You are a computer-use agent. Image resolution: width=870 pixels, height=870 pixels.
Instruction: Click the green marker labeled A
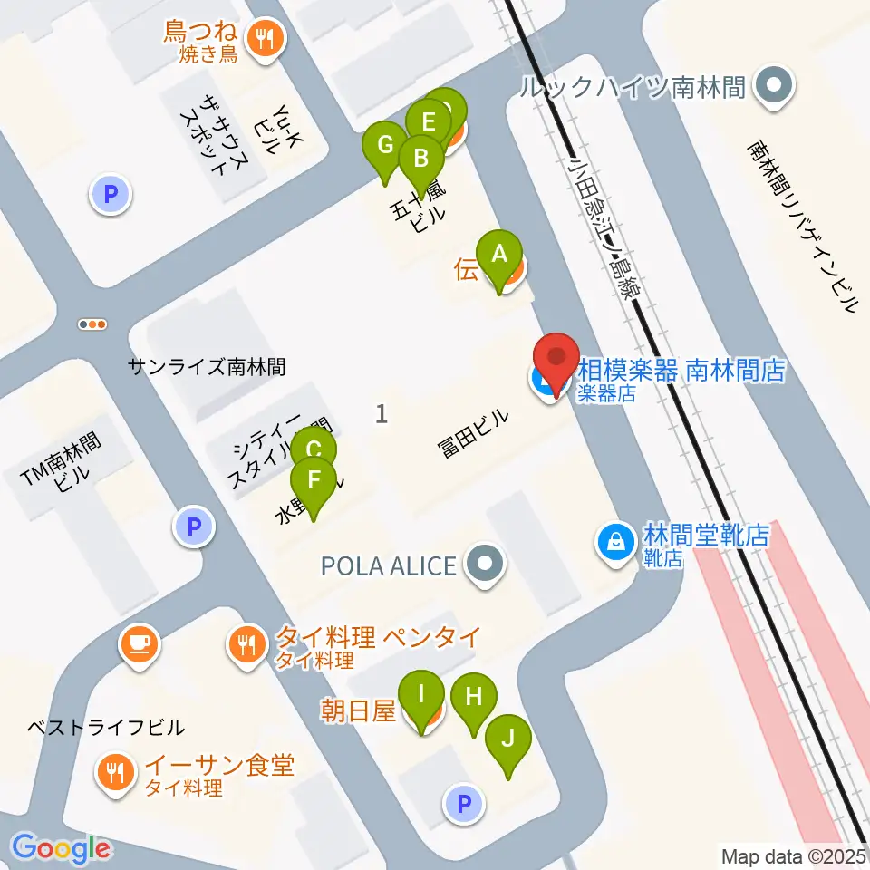[499, 255]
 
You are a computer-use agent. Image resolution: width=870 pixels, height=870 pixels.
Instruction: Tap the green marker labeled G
[385, 145]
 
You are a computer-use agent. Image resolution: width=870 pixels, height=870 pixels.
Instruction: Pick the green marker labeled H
[473, 697]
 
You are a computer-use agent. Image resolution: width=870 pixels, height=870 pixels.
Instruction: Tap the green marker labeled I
[421, 695]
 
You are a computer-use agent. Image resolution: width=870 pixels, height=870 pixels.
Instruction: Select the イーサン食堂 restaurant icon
[115, 772]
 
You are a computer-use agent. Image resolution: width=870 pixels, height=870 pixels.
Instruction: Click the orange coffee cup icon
[139, 643]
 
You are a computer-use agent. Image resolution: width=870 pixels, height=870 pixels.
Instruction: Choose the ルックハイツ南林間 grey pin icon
[774, 87]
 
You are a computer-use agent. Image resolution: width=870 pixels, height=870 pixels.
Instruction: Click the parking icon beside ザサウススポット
[111, 193]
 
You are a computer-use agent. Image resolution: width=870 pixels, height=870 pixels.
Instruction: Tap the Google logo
[62, 848]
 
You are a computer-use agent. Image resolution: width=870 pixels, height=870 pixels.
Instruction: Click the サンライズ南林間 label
[207, 366]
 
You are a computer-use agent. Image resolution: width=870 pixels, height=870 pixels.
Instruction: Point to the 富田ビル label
[475, 433]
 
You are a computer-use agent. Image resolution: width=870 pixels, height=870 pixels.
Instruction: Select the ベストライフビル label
[106, 727]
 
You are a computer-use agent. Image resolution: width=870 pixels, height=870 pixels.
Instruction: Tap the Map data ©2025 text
[794, 855]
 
